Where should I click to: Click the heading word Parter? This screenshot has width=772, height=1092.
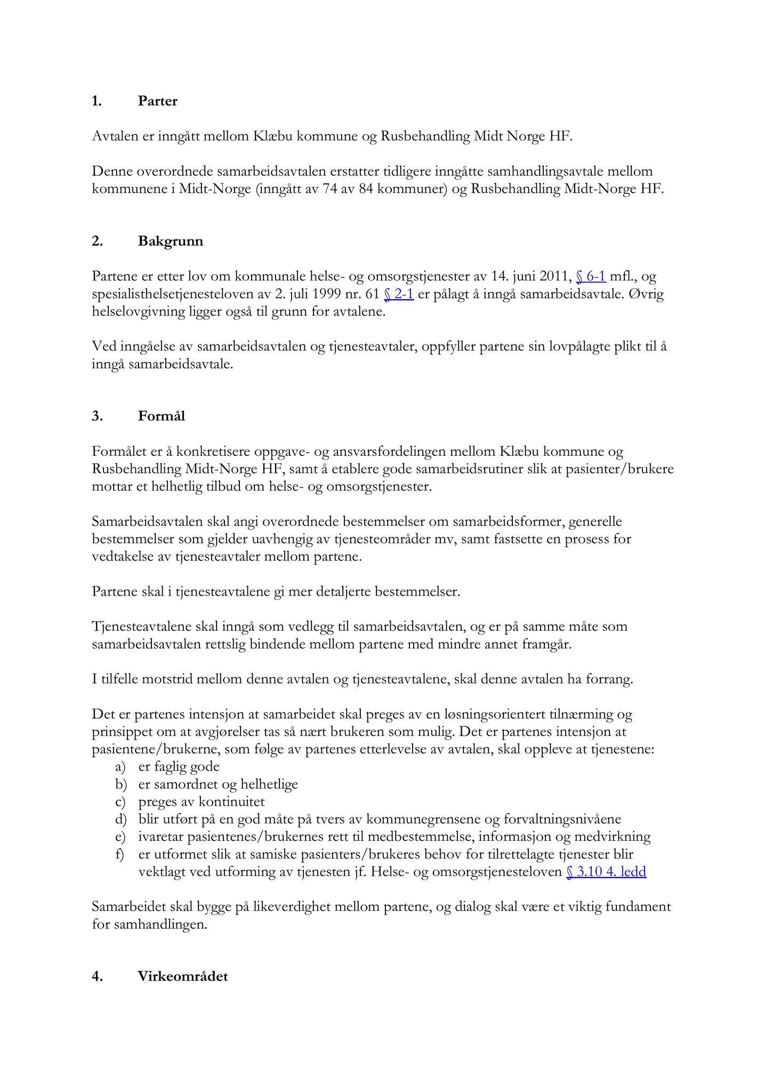157,101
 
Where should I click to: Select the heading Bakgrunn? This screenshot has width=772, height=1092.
171,242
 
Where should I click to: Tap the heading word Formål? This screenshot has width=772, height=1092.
162,416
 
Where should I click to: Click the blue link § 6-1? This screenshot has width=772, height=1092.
591,277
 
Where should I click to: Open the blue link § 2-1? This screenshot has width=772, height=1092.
399,294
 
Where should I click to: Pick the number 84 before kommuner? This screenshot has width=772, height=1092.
366,189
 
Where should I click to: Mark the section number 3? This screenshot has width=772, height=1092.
96,416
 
